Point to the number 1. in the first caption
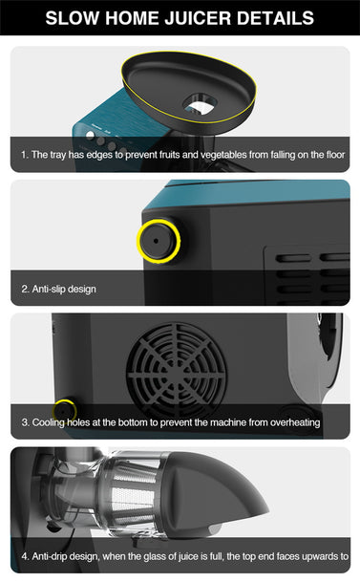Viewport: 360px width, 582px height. pos(25,155)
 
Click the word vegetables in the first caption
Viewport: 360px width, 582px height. pos(223,155)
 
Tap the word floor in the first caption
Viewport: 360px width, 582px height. pos(335,155)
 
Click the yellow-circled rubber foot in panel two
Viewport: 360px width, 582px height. pos(159,241)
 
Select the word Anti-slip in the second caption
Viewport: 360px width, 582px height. pos(47,289)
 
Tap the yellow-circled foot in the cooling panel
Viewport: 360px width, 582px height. pos(64,411)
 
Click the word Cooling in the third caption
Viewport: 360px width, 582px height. pos(48,422)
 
